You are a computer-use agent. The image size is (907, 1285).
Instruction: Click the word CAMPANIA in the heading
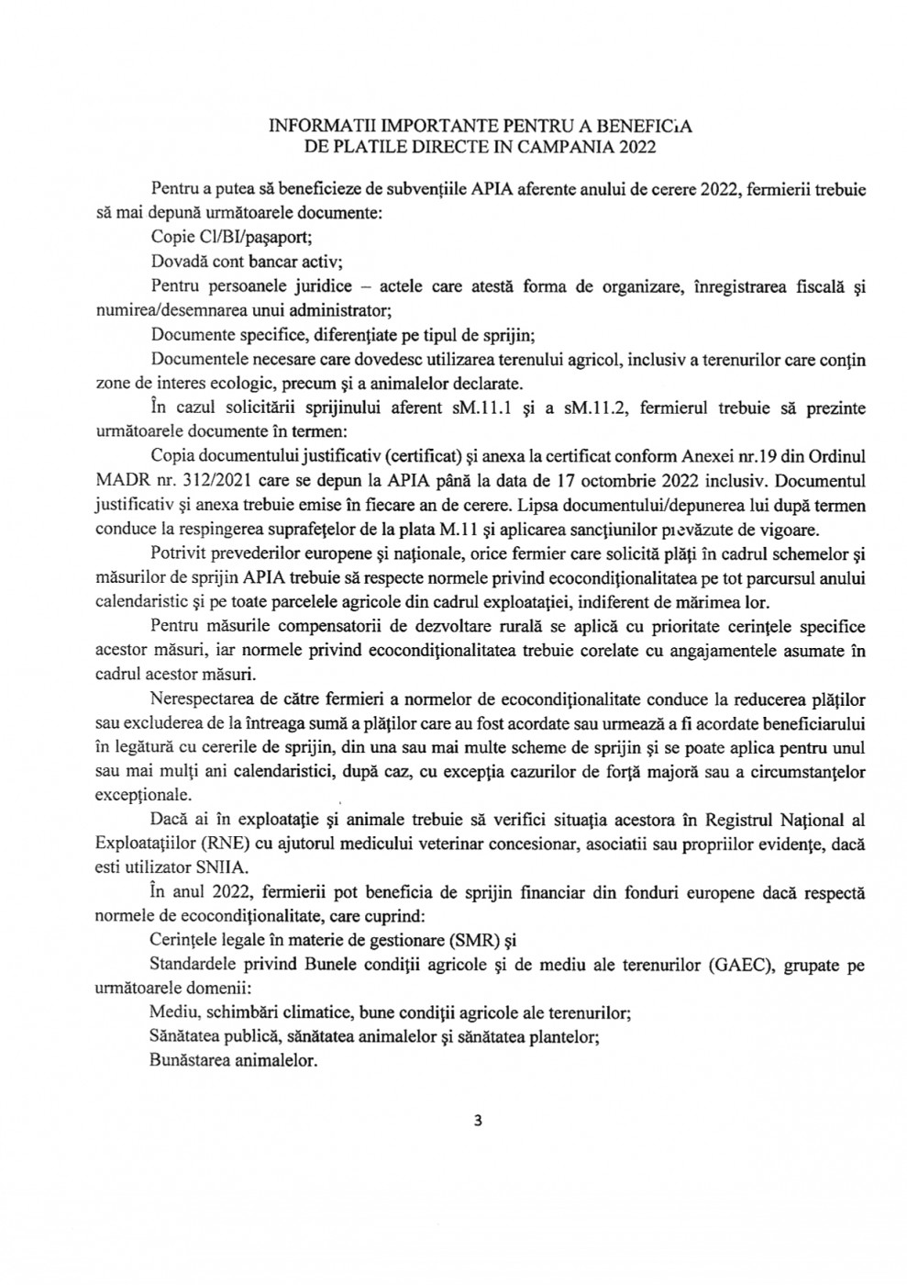coord(575,145)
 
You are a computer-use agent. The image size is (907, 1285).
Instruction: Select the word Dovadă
coord(179,261)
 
